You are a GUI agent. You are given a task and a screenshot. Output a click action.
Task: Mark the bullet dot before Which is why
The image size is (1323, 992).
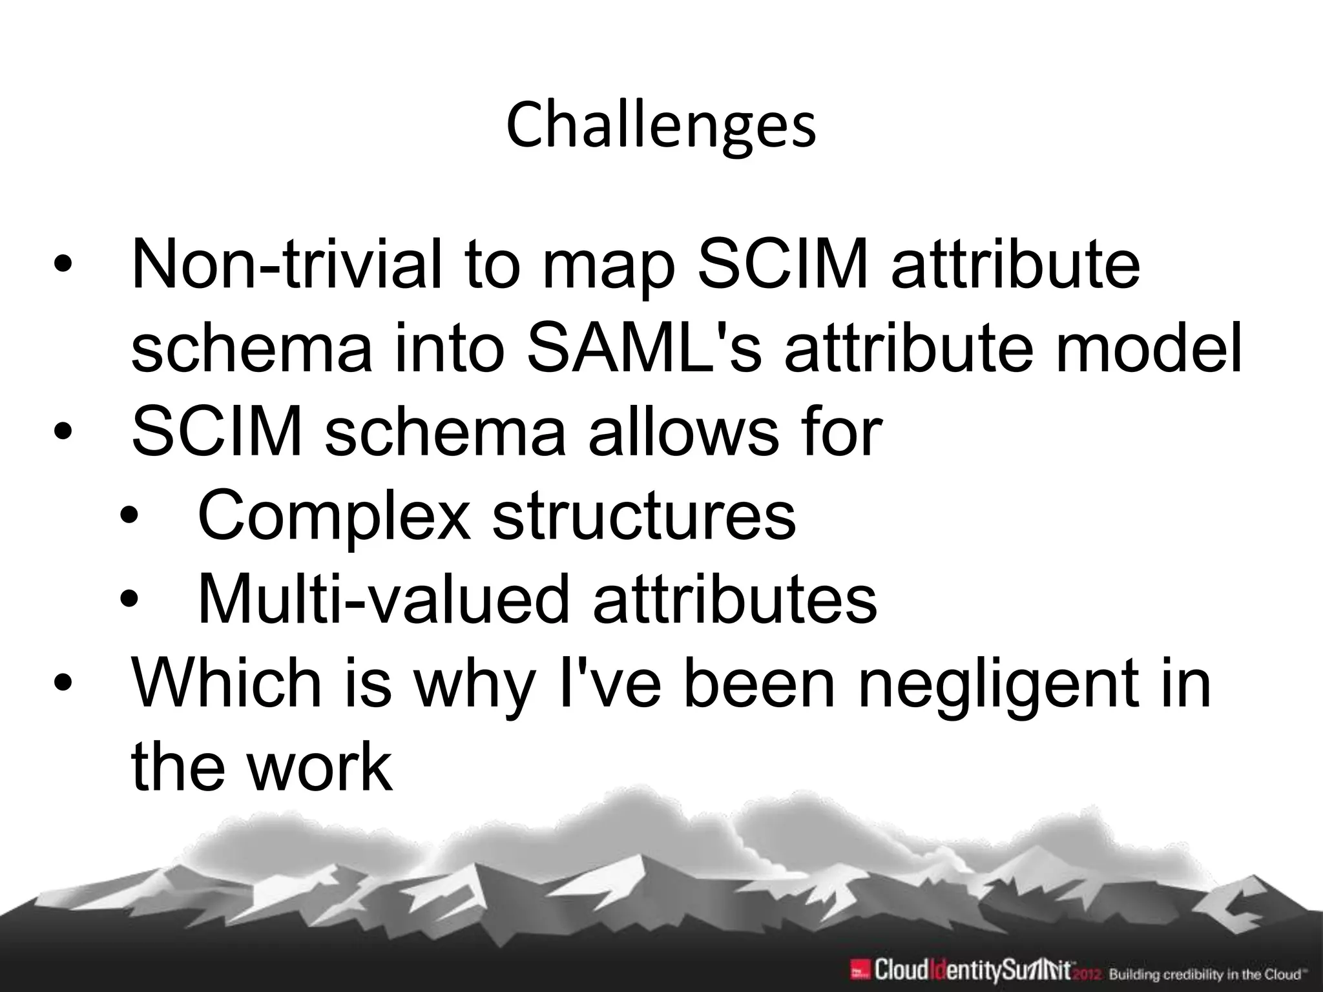pos(63,683)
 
